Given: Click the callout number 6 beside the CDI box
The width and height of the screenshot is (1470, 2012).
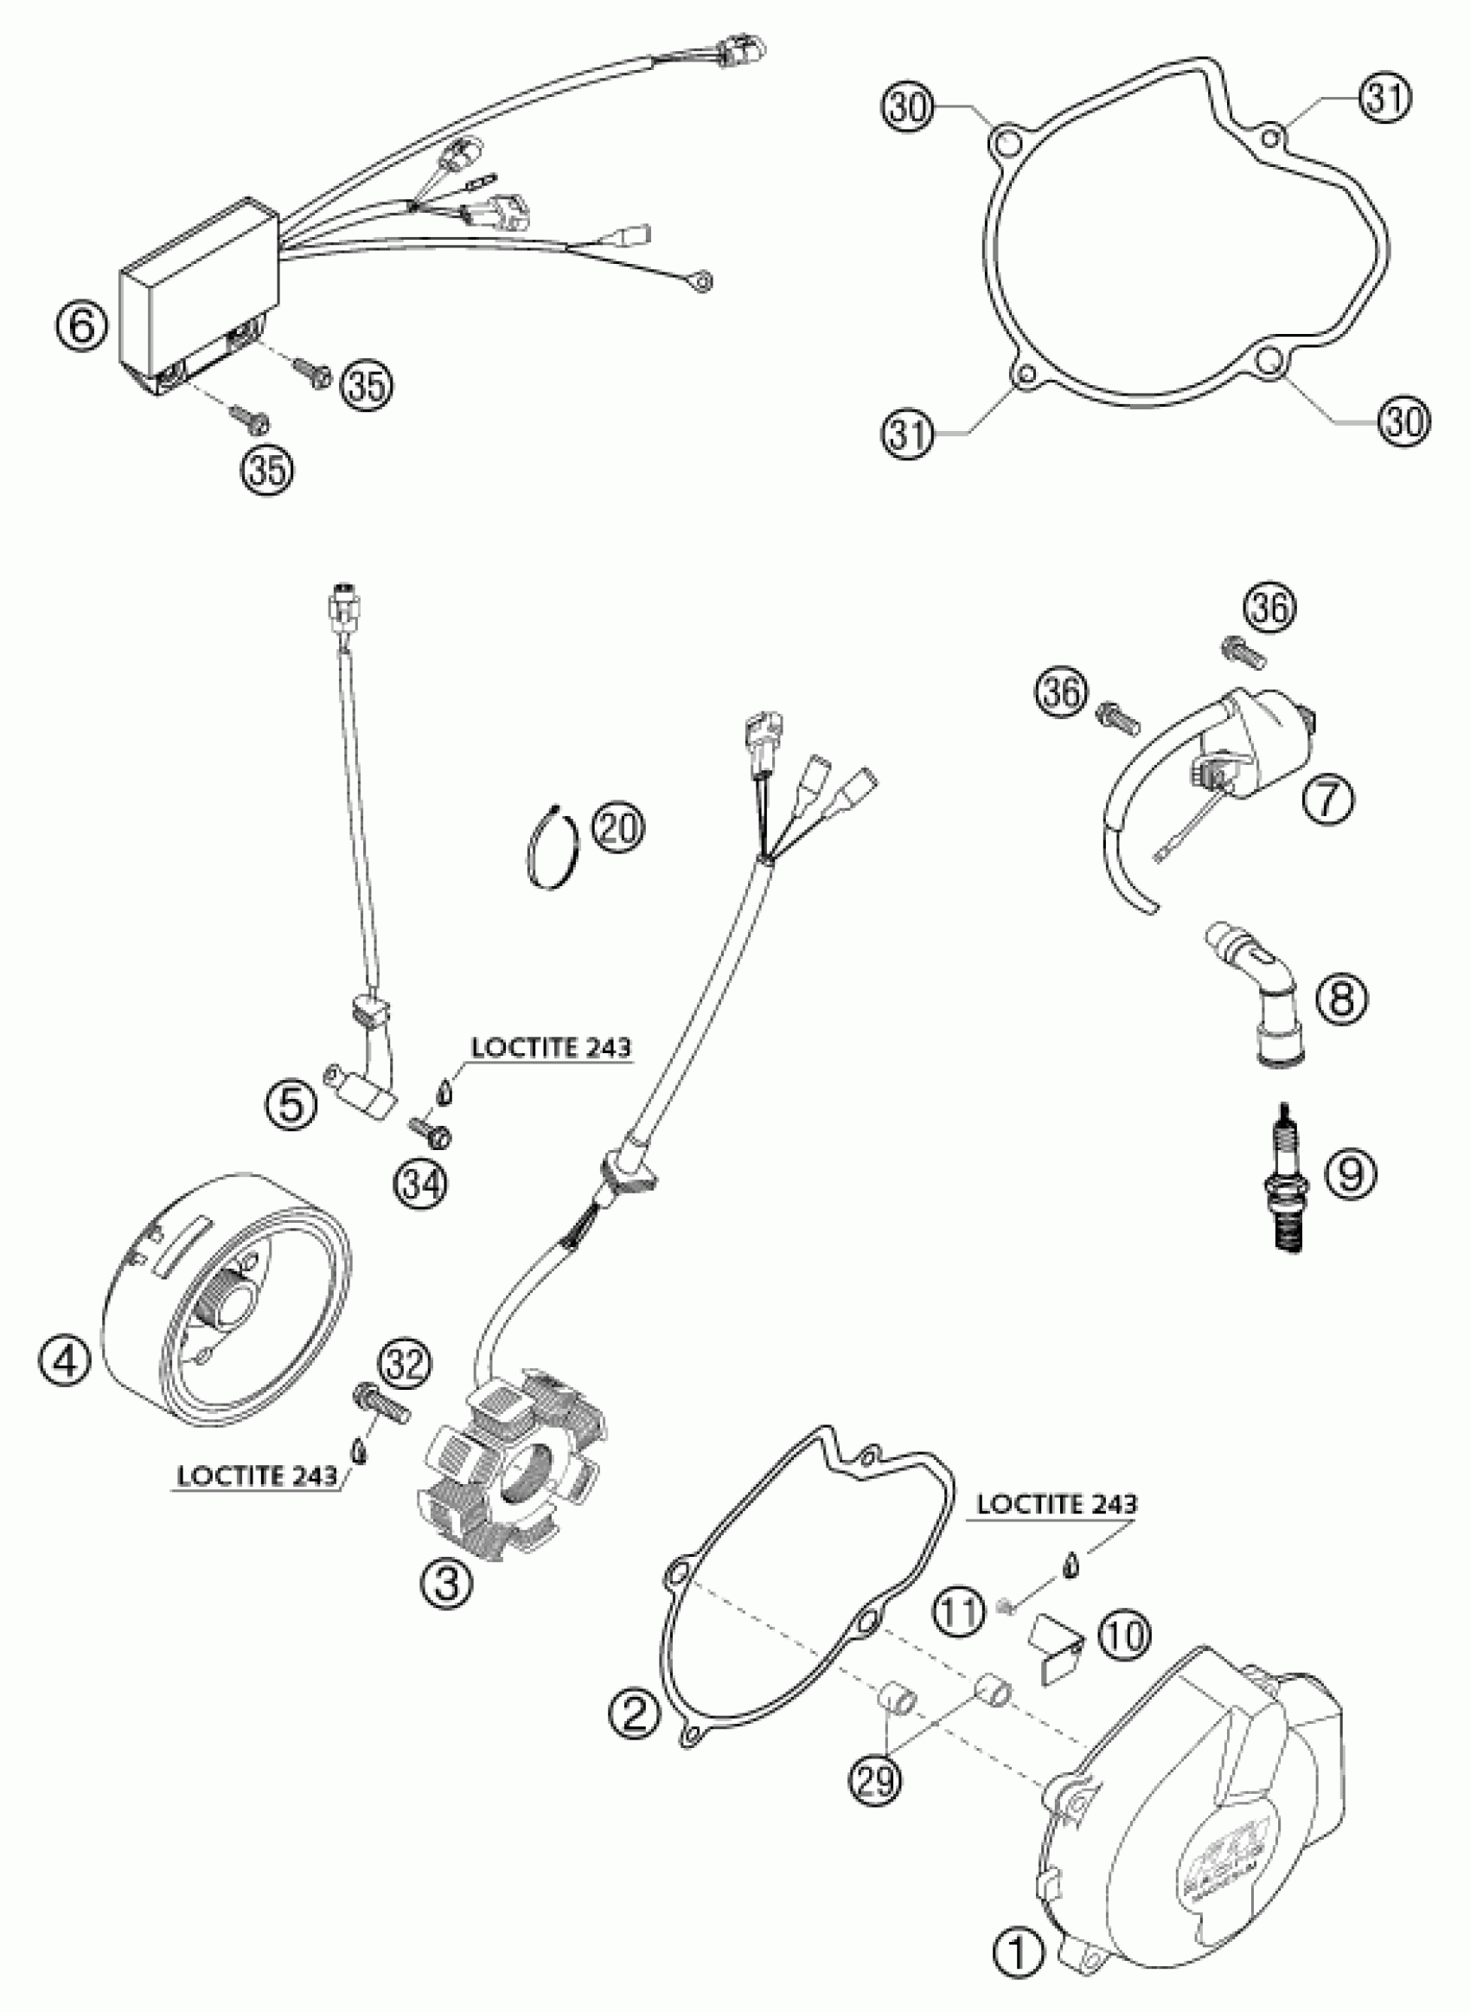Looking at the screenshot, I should click(x=80, y=326).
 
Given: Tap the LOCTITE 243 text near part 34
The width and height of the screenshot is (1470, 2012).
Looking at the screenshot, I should click(x=551, y=1048).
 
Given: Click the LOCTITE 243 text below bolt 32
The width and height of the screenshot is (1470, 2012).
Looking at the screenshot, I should click(x=257, y=1476).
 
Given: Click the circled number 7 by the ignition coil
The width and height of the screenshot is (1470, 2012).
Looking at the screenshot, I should click(x=1326, y=800).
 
